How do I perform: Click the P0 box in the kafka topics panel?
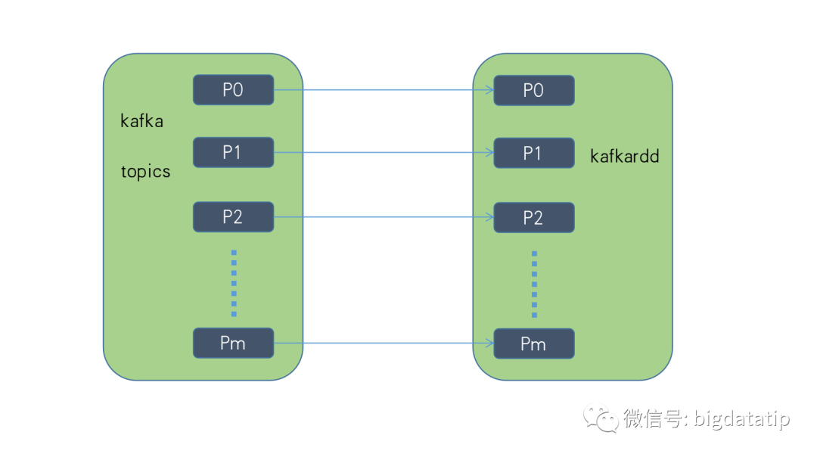coord(233,90)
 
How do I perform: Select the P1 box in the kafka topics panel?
coord(233,152)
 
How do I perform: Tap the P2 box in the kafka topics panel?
coord(233,217)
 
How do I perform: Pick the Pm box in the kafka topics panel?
coord(233,343)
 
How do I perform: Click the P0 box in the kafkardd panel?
coord(533,90)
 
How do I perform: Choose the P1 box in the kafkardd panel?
coord(533,153)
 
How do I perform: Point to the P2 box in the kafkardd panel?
coord(533,218)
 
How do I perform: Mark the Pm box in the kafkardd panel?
coord(533,344)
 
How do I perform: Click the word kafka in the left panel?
coord(141,120)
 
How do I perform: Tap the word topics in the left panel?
coord(146,172)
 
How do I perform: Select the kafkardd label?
coord(625,157)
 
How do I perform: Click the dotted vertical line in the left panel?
coord(234,282)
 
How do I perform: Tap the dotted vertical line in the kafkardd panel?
coord(534,283)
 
